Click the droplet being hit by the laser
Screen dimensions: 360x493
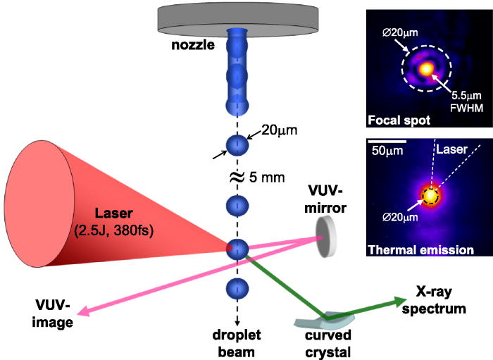point(237,249)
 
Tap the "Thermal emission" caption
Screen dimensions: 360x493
point(413,249)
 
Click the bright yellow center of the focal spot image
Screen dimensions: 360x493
point(425,69)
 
